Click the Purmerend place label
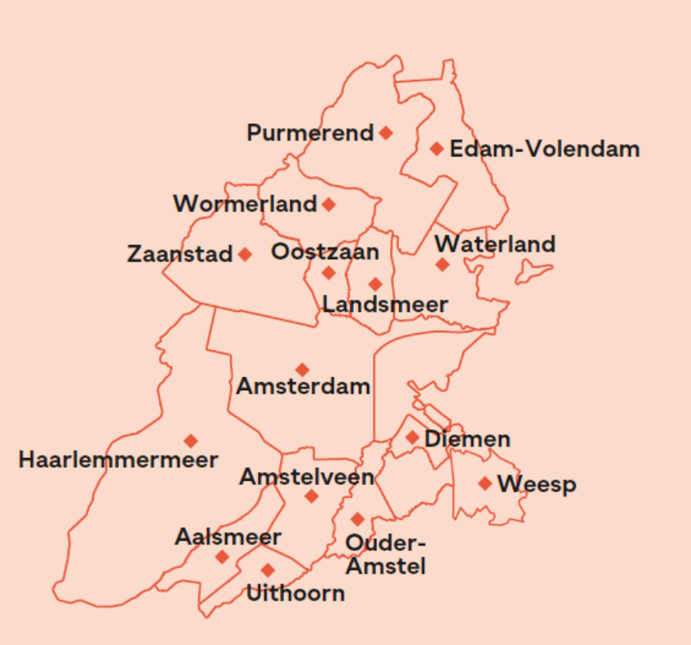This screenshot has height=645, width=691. [310, 132]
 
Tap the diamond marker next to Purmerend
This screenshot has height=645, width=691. [386, 132]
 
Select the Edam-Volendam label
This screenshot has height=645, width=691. [544, 149]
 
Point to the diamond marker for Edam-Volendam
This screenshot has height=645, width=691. [436, 149]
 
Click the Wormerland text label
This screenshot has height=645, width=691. [245, 204]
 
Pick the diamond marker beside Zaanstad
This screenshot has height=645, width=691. [245, 254]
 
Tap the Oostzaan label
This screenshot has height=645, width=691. [325, 251]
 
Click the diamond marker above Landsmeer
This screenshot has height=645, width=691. [375, 284]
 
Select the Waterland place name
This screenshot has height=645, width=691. [494, 244]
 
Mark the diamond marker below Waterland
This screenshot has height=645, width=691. [442, 265]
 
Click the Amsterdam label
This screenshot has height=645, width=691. [303, 386]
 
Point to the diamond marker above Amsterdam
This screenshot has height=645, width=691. [302, 370]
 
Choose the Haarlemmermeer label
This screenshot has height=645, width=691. [118, 460]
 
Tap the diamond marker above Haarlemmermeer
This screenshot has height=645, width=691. [191, 441]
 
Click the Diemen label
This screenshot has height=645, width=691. [467, 439]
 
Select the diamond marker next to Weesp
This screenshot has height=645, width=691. [485, 483]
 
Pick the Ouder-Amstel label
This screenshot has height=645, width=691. [386, 554]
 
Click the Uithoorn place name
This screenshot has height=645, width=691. [295, 593]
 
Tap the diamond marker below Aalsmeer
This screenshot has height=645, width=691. [222, 557]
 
